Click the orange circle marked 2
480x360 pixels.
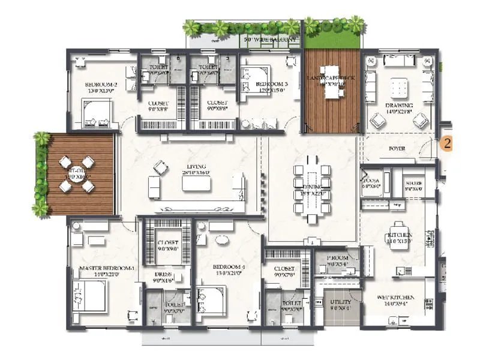[446, 143]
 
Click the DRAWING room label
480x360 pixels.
[399, 105]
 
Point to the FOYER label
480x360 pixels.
[397, 148]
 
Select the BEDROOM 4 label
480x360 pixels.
[229, 266]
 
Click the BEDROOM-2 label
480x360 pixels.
[100, 85]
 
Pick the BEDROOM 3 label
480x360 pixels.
[272, 85]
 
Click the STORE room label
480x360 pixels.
[415, 183]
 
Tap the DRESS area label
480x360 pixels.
[163, 274]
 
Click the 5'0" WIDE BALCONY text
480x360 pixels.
[270, 41]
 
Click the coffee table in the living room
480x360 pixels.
[196, 184]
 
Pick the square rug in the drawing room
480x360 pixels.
[399, 88]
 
